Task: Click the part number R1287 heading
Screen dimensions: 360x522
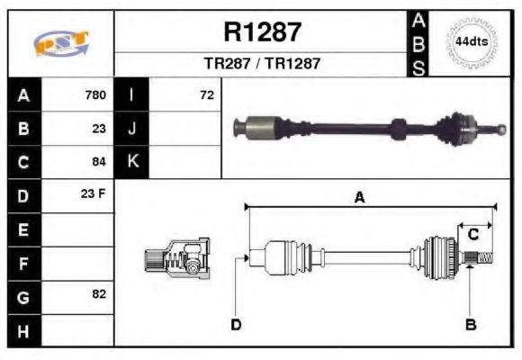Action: tap(262, 32)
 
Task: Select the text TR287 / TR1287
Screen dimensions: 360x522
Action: tap(262, 64)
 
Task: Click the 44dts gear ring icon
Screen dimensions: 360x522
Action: tap(471, 41)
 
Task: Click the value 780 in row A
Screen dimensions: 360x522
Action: tap(94, 94)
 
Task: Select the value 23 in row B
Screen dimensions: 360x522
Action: tap(98, 128)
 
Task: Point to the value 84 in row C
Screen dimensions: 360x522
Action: tap(98, 162)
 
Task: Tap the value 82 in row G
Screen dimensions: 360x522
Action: tap(98, 294)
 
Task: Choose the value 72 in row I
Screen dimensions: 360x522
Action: tap(206, 94)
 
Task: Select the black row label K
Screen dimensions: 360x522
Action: tap(132, 162)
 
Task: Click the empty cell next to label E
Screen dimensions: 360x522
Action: tap(78, 229)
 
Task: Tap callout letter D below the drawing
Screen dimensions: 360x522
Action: tap(236, 324)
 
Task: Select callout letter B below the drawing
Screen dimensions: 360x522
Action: tap(470, 324)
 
